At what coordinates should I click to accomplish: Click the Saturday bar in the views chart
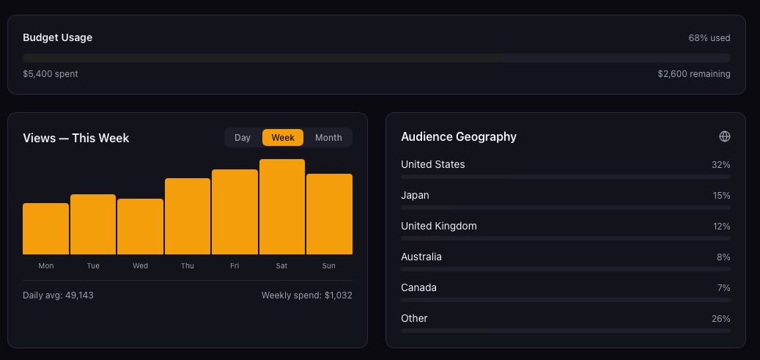[x=282, y=207]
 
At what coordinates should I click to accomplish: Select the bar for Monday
[x=45, y=229]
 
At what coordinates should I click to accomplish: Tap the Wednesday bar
[x=140, y=227]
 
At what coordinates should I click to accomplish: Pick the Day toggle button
[x=243, y=137]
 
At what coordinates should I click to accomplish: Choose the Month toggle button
[x=328, y=137]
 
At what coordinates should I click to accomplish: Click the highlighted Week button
[x=283, y=137]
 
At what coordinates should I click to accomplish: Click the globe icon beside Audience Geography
[x=725, y=136]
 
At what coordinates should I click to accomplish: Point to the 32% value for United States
[x=720, y=165]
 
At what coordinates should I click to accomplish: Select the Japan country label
[x=415, y=195]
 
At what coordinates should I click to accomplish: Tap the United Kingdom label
[x=438, y=226]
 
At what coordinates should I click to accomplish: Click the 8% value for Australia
[x=723, y=257]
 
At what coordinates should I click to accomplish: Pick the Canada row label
[x=418, y=287]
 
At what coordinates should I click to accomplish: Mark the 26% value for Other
[x=720, y=319]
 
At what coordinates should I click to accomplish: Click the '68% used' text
[x=709, y=37]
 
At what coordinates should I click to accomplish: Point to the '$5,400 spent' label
[x=51, y=74]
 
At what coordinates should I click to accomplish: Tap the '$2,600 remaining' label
[x=693, y=74]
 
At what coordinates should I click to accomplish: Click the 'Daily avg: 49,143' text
[x=58, y=295]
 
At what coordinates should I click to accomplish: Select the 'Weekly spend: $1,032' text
[x=306, y=295]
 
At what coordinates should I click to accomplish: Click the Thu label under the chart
[x=188, y=266]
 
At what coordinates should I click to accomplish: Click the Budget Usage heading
[x=57, y=37]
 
